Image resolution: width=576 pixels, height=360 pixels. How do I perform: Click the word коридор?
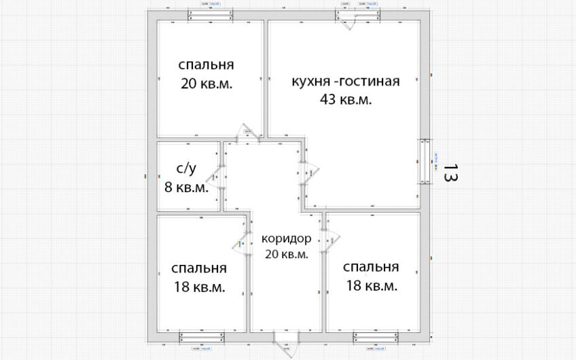pos(286,239)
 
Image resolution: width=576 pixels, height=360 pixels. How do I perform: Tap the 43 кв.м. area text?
pos(346,99)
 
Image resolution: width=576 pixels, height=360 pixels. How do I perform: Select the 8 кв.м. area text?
pos(186,187)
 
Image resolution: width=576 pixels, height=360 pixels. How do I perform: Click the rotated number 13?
pos(450,173)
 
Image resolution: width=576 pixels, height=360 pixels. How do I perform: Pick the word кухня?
pos(310,82)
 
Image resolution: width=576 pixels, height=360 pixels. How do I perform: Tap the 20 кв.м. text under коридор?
pos(286,254)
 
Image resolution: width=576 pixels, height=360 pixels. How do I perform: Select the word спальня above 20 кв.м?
pos(206,65)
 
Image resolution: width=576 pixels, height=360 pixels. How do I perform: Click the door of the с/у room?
pos(219,177)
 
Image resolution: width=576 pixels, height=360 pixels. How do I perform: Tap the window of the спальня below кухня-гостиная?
pos(374,336)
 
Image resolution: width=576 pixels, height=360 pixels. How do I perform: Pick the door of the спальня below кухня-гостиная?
pos(330,239)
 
